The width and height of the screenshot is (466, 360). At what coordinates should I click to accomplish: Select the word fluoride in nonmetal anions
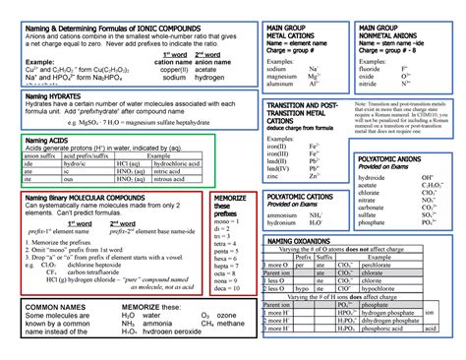coord(374,71)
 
